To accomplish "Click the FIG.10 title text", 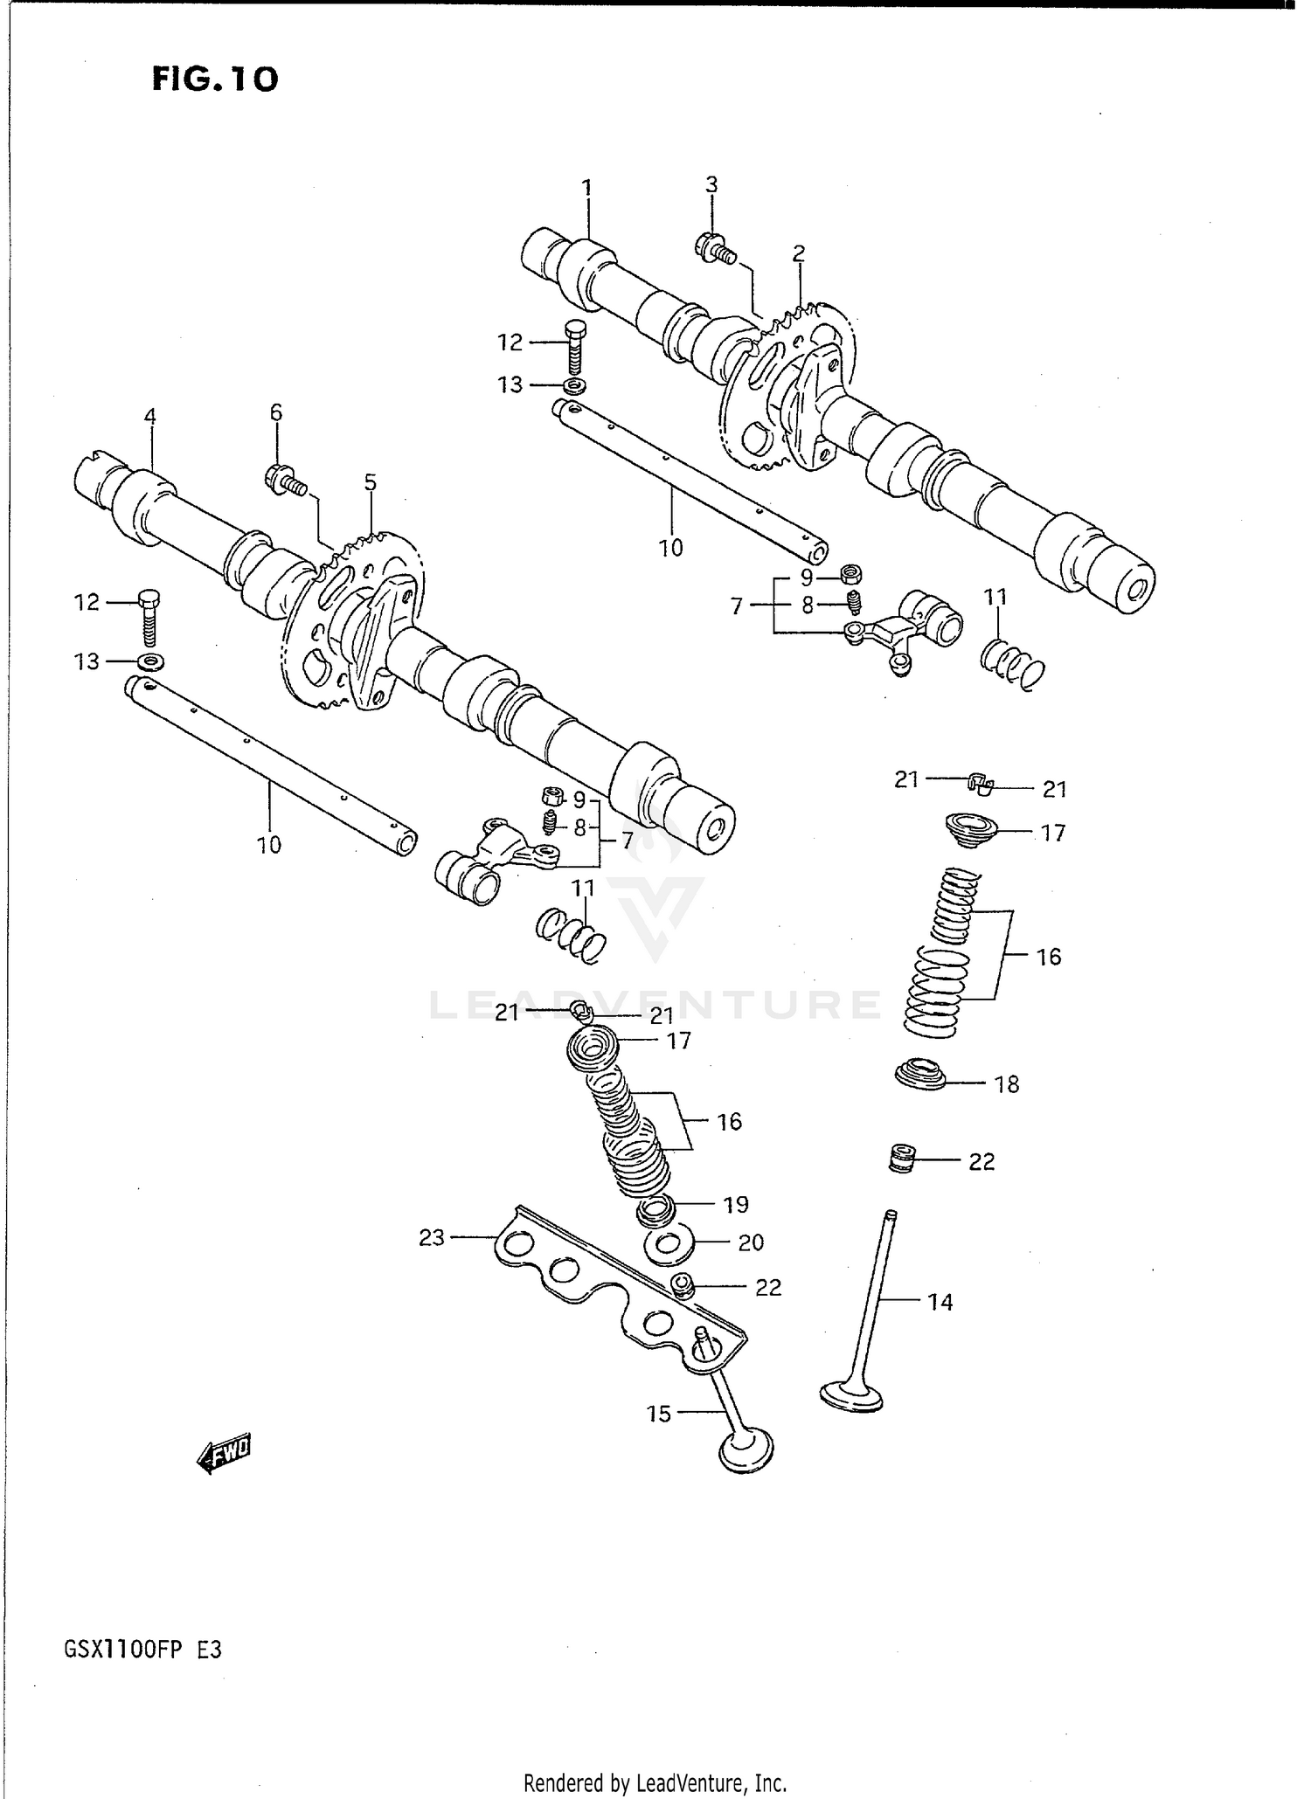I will (x=215, y=80).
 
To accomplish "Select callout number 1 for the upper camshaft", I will (x=587, y=187).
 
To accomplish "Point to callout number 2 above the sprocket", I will (x=798, y=254).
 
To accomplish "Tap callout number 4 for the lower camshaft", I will (x=150, y=416).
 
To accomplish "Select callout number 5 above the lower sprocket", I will (x=371, y=482).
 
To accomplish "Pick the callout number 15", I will (x=660, y=1414).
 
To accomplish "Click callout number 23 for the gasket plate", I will (x=432, y=1237).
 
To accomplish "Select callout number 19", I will (x=736, y=1205).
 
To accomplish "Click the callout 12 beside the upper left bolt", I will (x=510, y=343).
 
